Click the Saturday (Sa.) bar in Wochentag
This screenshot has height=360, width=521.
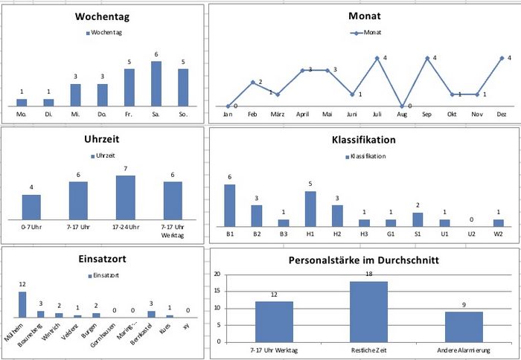click(x=156, y=83)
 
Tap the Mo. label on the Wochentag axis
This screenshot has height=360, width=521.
click(x=22, y=115)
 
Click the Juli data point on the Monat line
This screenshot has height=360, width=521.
click(x=377, y=58)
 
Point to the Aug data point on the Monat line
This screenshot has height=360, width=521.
click(x=402, y=106)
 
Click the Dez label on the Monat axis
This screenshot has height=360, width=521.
click(x=501, y=115)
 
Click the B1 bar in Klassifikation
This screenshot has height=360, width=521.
click(x=230, y=205)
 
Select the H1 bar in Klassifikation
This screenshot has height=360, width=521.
click(x=310, y=208)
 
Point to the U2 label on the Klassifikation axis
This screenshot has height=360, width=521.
click(x=471, y=234)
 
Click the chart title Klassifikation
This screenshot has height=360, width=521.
click(x=363, y=139)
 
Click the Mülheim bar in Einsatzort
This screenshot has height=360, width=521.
click(x=22, y=304)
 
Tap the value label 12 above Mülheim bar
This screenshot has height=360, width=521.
click(x=22, y=285)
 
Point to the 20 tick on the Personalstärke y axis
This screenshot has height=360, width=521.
click(x=217, y=274)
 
